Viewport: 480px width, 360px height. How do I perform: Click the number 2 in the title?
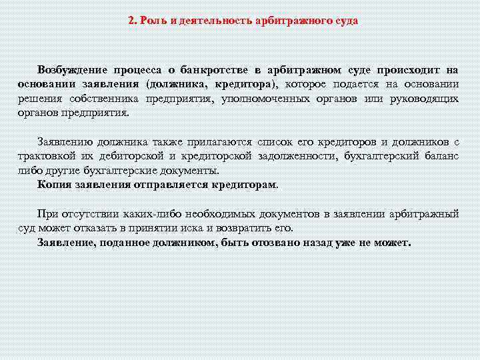point(131,21)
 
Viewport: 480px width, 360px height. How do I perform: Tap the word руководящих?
point(425,98)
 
